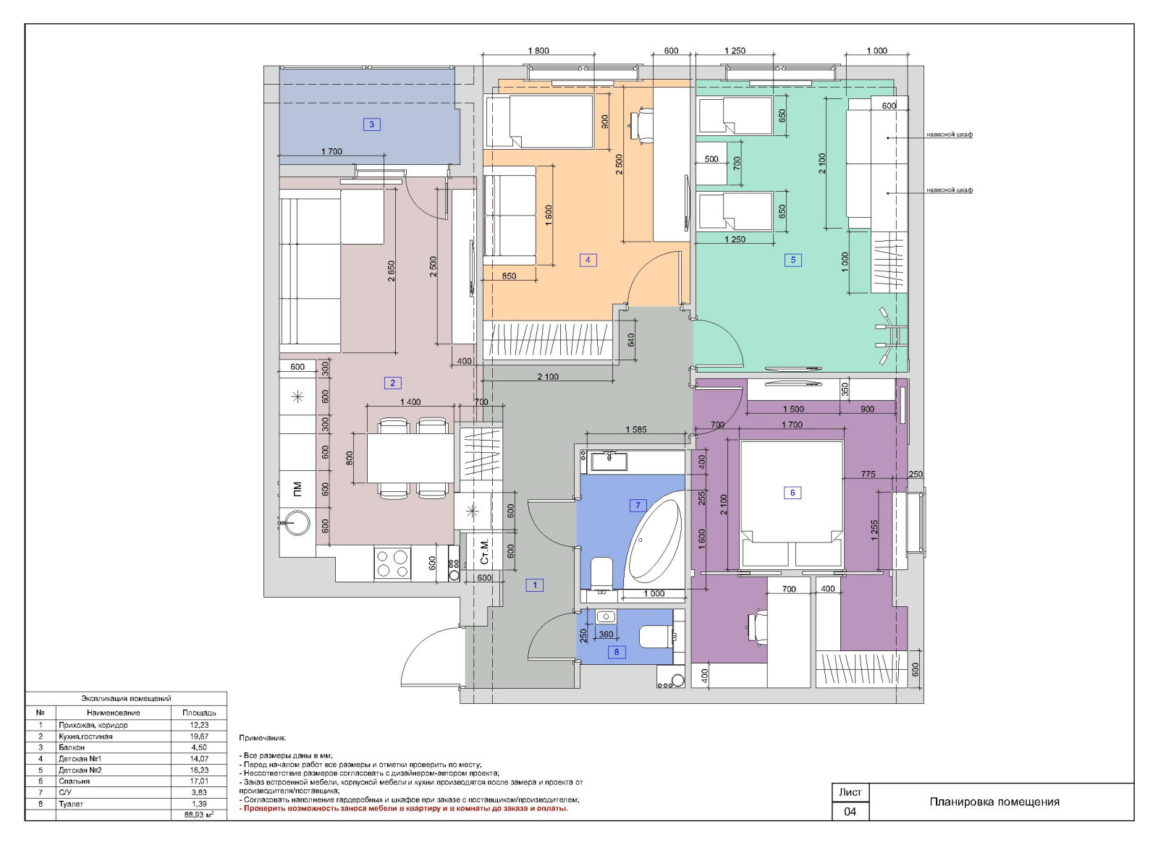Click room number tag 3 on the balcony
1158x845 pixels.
pyautogui.click(x=372, y=124)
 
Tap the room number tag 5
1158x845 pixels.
pyautogui.click(x=793, y=260)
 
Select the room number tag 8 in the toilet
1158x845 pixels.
pyautogui.click(x=616, y=653)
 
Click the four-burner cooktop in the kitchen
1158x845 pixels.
pyautogui.click(x=392, y=564)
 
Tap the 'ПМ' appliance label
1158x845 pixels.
pyautogui.click(x=297, y=488)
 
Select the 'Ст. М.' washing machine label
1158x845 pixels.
pyautogui.click(x=484, y=551)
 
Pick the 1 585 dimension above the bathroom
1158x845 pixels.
pyautogui.click(x=636, y=430)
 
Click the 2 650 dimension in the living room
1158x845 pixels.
pyautogui.click(x=392, y=271)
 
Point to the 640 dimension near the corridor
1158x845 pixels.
pyautogui.click(x=630, y=340)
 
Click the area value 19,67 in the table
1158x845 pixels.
pyautogui.click(x=199, y=736)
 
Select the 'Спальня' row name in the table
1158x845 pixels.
pyautogui.click(x=75, y=781)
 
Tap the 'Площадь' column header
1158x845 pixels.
pyautogui.click(x=199, y=713)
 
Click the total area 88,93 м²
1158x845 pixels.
pyautogui.click(x=200, y=815)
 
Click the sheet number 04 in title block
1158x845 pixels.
pyautogui.click(x=850, y=812)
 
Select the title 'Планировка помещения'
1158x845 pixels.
pyautogui.click(x=994, y=802)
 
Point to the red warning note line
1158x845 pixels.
pyautogui.click(x=403, y=809)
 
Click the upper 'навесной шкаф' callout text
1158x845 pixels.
pyautogui.click(x=949, y=135)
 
